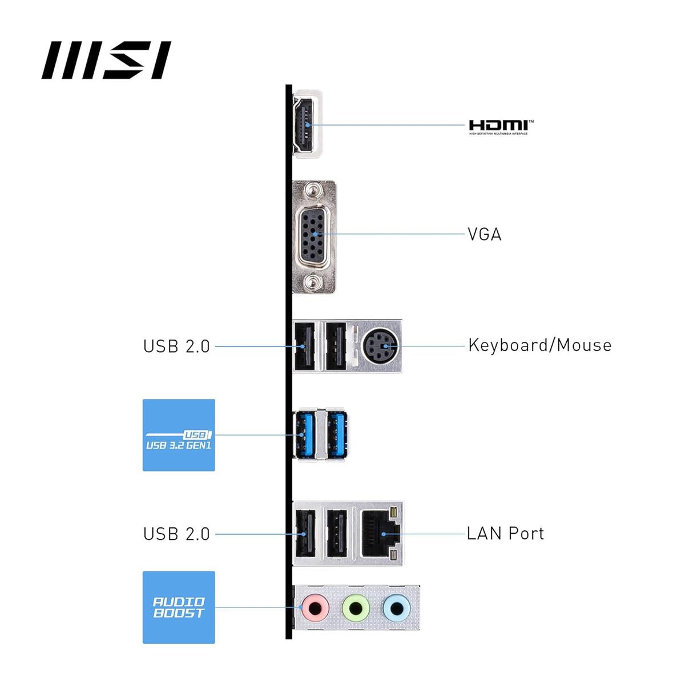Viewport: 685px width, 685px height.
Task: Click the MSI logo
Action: (106, 60)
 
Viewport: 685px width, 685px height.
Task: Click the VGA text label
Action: (484, 235)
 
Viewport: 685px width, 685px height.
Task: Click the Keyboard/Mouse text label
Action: (539, 345)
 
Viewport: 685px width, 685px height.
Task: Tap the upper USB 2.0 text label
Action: (176, 346)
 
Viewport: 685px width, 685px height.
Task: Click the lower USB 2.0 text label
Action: (176, 534)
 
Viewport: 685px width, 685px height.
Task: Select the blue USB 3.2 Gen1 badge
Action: (179, 435)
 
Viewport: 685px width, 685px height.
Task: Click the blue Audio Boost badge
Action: (179, 607)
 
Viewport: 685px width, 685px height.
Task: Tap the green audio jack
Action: (354, 607)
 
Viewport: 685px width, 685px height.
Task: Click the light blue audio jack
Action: (396, 607)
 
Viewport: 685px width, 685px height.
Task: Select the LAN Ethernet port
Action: (380, 534)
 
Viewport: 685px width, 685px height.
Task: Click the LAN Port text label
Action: (505, 534)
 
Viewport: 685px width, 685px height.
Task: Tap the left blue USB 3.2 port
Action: (304, 434)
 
